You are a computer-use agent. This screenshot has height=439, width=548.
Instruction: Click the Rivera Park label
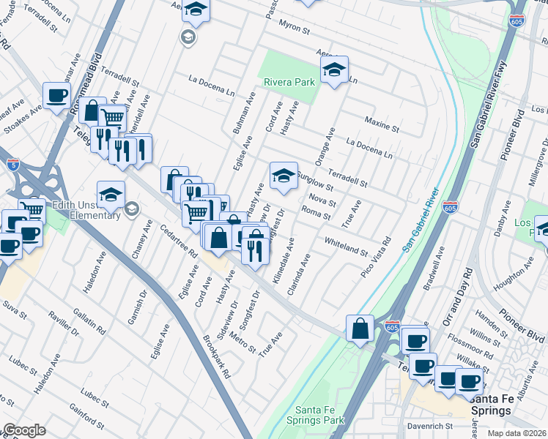pyautogui.click(x=289, y=82)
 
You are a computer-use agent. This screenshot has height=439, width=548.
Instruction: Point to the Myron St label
pyautogui.click(x=295, y=29)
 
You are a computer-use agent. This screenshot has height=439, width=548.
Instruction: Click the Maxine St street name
pyautogui.click(x=382, y=122)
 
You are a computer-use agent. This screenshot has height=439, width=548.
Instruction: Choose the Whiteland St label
pyautogui.click(x=346, y=247)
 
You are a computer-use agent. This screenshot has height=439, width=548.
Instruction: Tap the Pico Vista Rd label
pyautogui.click(x=376, y=256)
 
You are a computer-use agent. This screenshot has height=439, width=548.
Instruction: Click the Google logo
pyautogui.click(x=23, y=430)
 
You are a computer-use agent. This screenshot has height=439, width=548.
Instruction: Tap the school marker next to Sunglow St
pyautogui.click(x=284, y=175)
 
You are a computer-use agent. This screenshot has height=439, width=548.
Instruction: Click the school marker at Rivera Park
pyautogui.click(x=335, y=70)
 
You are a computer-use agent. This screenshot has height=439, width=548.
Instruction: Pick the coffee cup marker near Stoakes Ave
pyautogui.click(x=56, y=95)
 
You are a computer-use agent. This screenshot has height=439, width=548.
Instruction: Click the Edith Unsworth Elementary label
pyautogui.click(x=86, y=210)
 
